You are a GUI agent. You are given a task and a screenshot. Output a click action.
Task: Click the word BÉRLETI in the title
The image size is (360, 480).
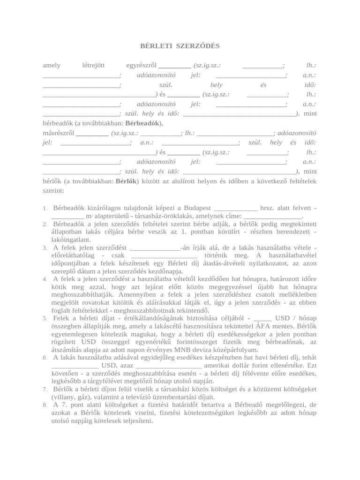tap(157, 46)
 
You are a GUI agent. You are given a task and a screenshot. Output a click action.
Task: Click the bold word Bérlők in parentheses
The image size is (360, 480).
tap(126, 180)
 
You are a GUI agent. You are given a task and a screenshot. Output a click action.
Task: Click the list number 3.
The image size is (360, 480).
tap(45, 247)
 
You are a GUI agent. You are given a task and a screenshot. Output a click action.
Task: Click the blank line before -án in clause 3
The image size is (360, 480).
tap(154, 247)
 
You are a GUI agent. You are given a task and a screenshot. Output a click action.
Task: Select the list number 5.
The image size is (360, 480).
tap(45, 319)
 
